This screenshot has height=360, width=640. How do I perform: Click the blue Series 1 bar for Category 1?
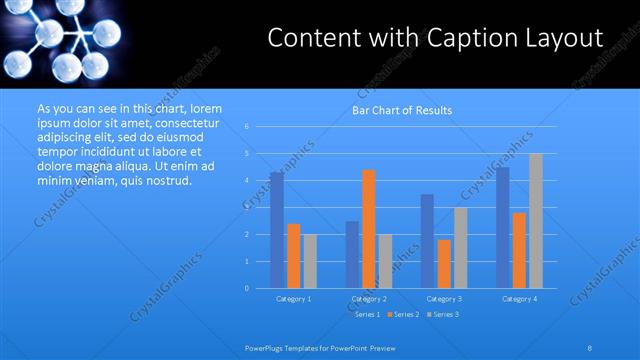click(x=277, y=230)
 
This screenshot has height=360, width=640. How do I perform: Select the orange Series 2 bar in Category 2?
click(x=369, y=229)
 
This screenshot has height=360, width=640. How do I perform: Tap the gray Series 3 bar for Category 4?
click(x=536, y=221)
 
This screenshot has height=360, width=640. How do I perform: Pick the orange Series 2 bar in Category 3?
click(x=444, y=264)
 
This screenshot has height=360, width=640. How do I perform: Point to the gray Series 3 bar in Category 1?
click(x=310, y=261)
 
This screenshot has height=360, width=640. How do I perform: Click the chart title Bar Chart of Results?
click(x=402, y=110)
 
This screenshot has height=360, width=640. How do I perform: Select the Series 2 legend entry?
click(x=403, y=314)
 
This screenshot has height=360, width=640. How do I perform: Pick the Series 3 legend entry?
click(x=441, y=314)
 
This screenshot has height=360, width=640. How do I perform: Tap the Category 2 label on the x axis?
click(x=369, y=298)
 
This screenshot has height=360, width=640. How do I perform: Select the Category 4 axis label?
click(x=519, y=298)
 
